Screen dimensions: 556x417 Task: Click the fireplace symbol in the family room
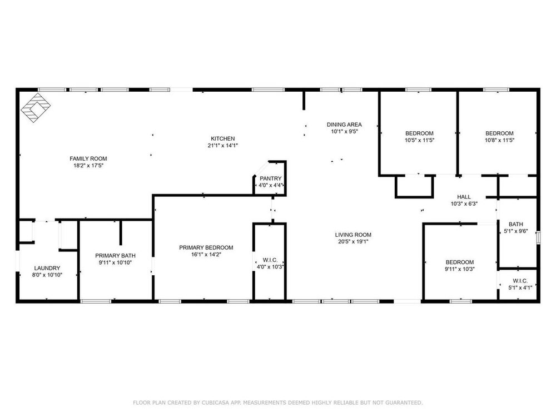point(36,108)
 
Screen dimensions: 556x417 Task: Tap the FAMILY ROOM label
point(88,158)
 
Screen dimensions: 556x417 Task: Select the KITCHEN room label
point(223,138)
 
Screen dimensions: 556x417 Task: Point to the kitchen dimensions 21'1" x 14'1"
point(223,145)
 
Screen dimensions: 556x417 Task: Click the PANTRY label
point(271,178)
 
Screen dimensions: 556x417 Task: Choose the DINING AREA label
point(344,125)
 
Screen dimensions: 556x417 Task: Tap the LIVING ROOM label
point(353,235)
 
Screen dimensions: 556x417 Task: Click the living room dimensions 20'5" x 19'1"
point(353,242)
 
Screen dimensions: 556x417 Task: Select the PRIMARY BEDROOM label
point(206,247)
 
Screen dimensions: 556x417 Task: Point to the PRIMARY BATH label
point(115,256)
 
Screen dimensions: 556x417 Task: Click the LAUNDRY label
point(47,268)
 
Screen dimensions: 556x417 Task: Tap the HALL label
point(464,197)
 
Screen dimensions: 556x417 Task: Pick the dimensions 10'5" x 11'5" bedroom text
point(419,140)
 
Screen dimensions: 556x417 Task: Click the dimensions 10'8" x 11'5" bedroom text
point(500,140)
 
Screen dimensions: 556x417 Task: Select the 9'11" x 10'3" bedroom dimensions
point(460,269)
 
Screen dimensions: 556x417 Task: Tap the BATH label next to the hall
point(516,224)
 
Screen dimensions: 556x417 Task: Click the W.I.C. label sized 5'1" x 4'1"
point(520,281)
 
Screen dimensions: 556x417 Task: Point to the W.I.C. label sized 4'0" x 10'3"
point(270,260)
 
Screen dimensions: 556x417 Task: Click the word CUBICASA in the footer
point(215,403)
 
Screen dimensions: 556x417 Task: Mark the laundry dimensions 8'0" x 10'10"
point(47,275)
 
